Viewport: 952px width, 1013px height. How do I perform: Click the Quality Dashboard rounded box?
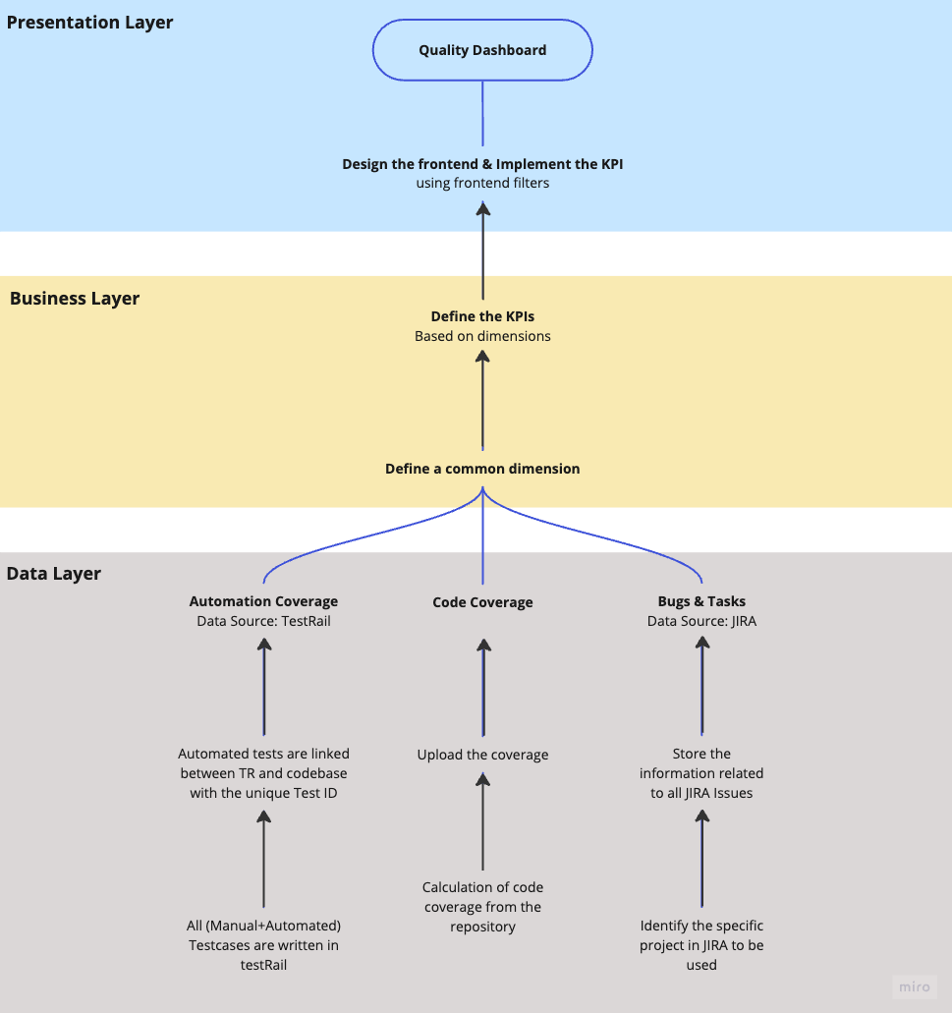point(482,50)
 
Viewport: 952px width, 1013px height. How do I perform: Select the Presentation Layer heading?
point(90,23)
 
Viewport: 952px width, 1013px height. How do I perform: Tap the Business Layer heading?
point(75,299)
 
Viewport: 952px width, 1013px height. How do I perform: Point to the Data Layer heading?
point(54,574)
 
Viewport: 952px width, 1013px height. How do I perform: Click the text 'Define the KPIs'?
point(482,316)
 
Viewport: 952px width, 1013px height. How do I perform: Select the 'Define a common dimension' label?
point(482,469)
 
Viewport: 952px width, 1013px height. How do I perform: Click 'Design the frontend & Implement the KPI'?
point(482,164)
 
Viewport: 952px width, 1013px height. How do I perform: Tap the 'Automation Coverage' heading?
point(263,601)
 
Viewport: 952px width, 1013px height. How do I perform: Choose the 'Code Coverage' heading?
point(482,602)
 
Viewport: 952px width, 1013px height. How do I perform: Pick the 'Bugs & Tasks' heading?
point(701,601)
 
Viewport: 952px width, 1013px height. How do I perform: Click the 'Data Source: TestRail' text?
point(263,621)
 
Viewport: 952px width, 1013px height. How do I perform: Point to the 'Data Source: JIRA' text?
point(701,621)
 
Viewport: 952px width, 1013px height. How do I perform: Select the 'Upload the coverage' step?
point(482,755)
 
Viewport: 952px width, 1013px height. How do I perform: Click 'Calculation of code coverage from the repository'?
point(482,907)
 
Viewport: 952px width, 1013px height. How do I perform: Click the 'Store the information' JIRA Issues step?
point(701,773)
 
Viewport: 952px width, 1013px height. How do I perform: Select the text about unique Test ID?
point(263,773)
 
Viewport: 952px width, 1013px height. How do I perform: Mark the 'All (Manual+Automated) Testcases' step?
point(263,945)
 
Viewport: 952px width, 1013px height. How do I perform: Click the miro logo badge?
point(915,986)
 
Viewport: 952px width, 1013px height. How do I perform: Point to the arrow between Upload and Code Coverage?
point(482,688)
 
